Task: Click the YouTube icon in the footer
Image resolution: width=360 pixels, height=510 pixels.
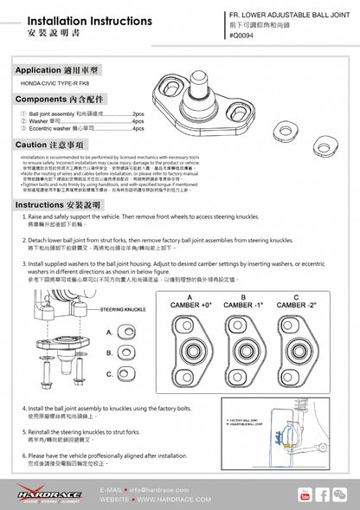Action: [304, 494]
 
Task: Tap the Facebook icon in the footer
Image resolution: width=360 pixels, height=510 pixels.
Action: [322, 494]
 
